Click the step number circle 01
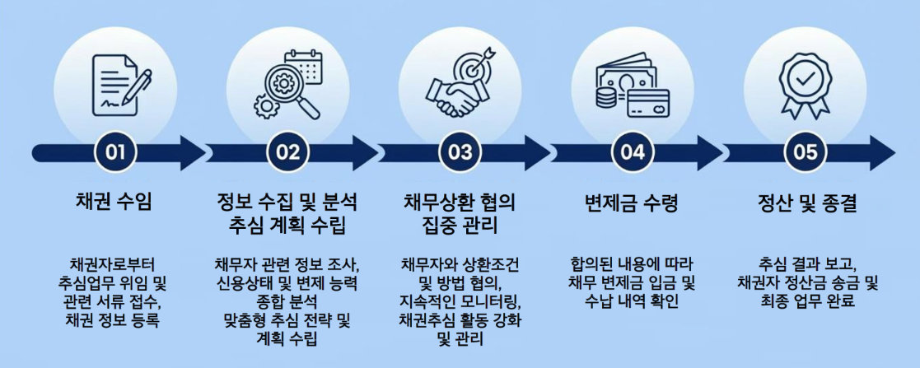coord(115,152)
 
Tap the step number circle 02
coord(287,152)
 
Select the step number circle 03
coord(460,152)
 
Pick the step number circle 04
coord(633,152)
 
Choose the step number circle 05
coord(806,152)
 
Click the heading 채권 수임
coord(114,203)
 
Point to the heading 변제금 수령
coord(633,203)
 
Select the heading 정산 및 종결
coord(806,203)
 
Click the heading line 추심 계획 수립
coord(287,224)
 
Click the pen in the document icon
coord(137,86)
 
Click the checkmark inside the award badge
coord(805,77)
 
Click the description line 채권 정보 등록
coord(114,319)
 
